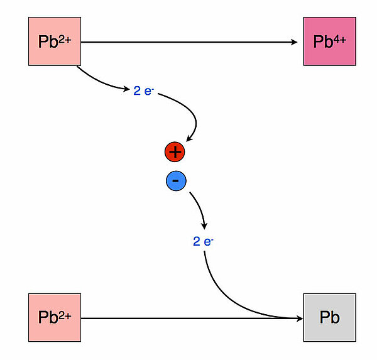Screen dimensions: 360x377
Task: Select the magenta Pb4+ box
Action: click(329, 42)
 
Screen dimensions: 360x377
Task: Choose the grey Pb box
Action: click(329, 317)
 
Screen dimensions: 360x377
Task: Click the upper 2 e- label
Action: click(144, 90)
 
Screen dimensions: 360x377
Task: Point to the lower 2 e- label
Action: click(203, 241)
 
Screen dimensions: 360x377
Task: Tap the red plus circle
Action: click(175, 151)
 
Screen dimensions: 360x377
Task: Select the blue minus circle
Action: click(176, 181)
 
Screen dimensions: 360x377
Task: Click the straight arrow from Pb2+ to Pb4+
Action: click(188, 42)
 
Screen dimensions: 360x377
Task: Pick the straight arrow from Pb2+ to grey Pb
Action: click(188, 318)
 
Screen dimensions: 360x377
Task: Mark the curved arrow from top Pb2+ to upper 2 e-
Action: click(101, 82)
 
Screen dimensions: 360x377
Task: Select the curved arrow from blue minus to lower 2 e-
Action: click(199, 207)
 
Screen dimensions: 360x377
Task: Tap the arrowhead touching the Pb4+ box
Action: click(295, 42)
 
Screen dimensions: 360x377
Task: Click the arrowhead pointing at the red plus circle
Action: click(188, 140)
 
